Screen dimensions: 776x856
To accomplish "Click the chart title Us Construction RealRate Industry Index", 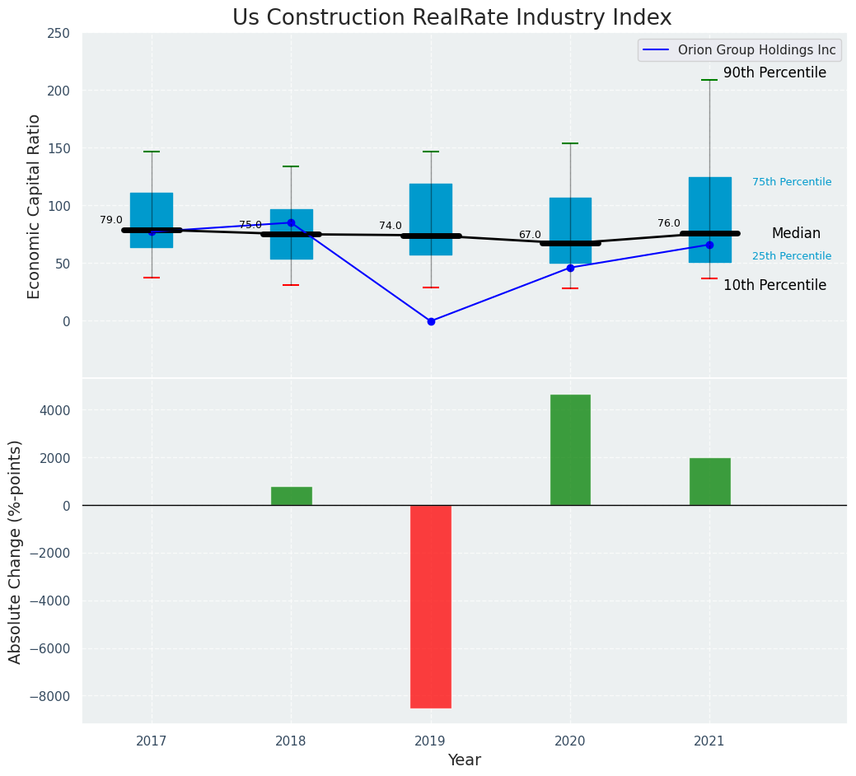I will (x=451, y=18).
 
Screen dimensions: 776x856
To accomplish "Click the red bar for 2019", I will (x=431, y=606).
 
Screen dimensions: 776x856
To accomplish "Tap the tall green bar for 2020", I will (x=570, y=450).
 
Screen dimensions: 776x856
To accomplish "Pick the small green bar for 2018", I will (x=291, y=496).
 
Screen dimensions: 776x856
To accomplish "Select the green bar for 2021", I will (x=709, y=482).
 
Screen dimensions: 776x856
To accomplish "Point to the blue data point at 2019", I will (x=431, y=321).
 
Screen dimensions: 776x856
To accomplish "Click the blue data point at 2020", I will (x=570, y=268).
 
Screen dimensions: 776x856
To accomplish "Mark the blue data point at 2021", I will (x=709, y=245).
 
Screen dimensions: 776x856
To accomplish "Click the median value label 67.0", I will (x=530, y=235).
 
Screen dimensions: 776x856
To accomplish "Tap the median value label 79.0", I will (x=111, y=220).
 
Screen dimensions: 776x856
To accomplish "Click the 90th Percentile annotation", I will (x=774, y=73).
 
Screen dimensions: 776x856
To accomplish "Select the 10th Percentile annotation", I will (x=774, y=286).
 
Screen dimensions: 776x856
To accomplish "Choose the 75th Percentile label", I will (x=792, y=182).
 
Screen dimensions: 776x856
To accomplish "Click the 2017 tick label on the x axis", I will (x=152, y=741).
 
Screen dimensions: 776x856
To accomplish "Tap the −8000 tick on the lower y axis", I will (x=49, y=696).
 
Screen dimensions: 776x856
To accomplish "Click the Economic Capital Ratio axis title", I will (x=35, y=206).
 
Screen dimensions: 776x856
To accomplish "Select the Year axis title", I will (x=464, y=760).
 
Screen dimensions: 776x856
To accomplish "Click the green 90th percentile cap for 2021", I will (x=709, y=80).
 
